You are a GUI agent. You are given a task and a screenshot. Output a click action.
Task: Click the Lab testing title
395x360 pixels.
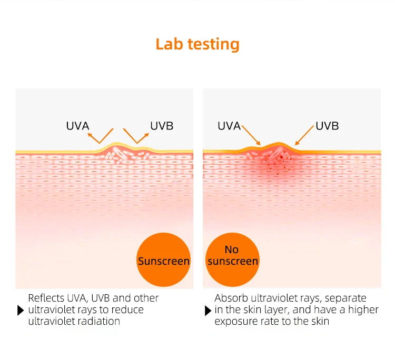pyautogui.click(x=197, y=44)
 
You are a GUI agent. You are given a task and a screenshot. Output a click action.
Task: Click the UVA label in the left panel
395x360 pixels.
pyautogui.click(x=77, y=126)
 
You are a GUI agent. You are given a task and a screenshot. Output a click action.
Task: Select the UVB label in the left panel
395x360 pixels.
pyautogui.click(x=162, y=126)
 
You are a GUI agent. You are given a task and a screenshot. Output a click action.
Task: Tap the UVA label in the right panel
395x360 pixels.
pyautogui.click(x=229, y=126)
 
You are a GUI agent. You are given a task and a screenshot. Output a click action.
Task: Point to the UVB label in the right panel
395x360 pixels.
pyautogui.click(x=327, y=126)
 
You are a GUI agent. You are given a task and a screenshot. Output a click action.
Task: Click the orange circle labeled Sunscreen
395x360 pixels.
pyautogui.click(x=163, y=261)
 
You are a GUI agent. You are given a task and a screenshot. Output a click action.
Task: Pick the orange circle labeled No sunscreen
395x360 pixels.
pyautogui.click(x=232, y=256)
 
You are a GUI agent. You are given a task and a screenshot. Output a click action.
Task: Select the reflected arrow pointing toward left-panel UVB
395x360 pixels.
pyautogui.click(x=136, y=136)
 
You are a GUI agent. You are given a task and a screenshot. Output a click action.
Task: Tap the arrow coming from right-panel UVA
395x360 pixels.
pyautogui.click(x=251, y=134)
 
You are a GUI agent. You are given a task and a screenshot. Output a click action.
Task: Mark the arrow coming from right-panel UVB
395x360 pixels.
pyautogui.click(x=304, y=134)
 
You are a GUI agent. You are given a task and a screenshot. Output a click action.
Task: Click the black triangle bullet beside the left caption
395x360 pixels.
pyautogui.click(x=21, y=310)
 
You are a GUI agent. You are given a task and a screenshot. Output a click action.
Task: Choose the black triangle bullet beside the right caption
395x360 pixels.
pyautogui.click(x=208, y=310)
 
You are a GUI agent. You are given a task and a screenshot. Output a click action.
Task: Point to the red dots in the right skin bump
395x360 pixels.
pyautogui.click(x=278, y=160)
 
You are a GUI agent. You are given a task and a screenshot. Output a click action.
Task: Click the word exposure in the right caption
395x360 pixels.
pyautogui.click(x=236, y=321)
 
